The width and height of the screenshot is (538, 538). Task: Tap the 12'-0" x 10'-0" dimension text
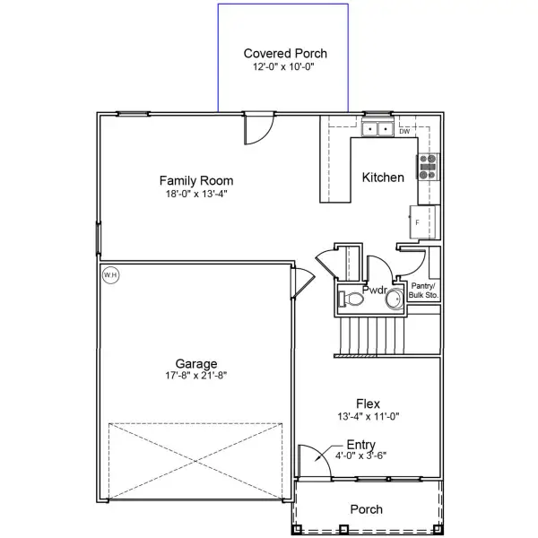[x=283, y=66]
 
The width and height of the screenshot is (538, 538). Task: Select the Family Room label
[x=196, y=180]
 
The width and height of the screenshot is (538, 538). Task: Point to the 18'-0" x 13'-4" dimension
[x=196, y=194]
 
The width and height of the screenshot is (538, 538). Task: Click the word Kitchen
[x=383, y=178]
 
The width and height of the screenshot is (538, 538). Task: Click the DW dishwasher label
[x=404, y=131]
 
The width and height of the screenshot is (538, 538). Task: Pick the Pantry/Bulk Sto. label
[x=423, y=289]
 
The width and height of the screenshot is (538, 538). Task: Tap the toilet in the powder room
[x=351, y=299]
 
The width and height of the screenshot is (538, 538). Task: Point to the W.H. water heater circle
[x=110, y=274]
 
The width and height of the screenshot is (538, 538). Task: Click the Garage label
[x=195, y=363]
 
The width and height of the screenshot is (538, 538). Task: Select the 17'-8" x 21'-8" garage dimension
[x=195, y=376]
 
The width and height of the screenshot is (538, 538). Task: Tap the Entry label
[x=360, y=443]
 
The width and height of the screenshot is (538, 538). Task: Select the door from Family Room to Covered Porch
[x=257, y=127]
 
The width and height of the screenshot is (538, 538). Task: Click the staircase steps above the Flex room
[x=369, y=338]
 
